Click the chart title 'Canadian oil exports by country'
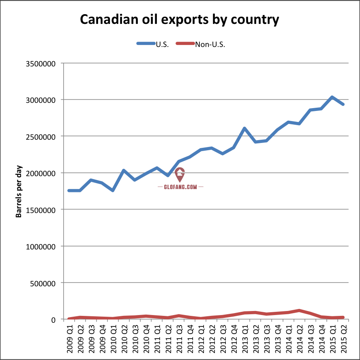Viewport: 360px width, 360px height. tap(180, 19)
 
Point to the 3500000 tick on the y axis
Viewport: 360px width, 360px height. tap(43, 64)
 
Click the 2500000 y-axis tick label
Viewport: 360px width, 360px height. tap(43, 136)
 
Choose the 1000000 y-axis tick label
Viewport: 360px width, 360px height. tap(43, 246)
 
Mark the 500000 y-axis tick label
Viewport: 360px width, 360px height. tap(45, 283)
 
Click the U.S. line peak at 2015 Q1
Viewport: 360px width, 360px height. tap(332, 97)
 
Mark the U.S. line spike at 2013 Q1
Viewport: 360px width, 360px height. tap(245, 128)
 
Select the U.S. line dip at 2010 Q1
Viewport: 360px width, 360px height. tap(113, 190)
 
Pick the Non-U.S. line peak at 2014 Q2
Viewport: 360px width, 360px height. tap(299, 311)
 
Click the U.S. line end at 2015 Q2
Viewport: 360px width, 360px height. tap(343, 104)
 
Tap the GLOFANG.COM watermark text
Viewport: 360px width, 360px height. tap(180, 187)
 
